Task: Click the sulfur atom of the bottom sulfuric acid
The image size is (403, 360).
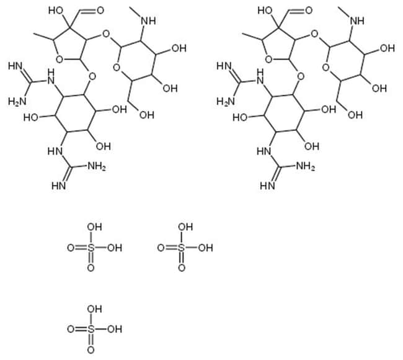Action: [x=91, y=329]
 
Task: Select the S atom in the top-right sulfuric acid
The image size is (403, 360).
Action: [x=182, y=248]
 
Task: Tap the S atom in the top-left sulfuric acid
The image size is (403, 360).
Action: [x=91, y=248]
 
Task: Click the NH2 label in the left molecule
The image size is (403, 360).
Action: [x=97, y=166]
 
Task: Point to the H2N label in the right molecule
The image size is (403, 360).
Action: [x=226, y=101]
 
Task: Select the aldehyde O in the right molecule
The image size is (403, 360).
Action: [x=309, y=11]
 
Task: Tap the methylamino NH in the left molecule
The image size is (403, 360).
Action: [x=148, y=21]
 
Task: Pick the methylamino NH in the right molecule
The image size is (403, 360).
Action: [x=356, y=21]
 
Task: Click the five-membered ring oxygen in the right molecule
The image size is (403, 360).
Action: [x=268, y=60]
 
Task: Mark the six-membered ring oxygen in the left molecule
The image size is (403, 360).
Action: [x=117, y=68]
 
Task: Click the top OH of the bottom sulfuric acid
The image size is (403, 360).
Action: [x=95, y=308]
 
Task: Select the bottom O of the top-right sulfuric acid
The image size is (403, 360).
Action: [x=182, y=268]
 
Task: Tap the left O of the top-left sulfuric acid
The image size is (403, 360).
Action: [x=71, y=248]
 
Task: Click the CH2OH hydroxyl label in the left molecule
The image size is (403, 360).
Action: [x=147, y=115]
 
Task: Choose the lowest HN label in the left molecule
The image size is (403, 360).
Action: [x=59, y=186]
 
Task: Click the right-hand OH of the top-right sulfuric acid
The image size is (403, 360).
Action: [x=205, y=248]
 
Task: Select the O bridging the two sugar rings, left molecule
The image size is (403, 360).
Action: [x=106, y=34]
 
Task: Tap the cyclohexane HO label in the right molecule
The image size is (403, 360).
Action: [x=240, y=118]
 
